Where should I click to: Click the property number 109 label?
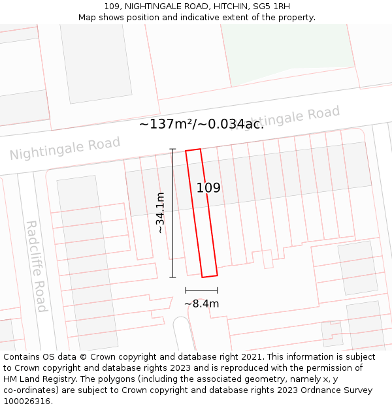[208, 188]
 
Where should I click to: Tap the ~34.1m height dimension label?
[159, 213]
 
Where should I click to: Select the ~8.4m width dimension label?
[201, 304]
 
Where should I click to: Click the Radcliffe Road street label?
[37, 266]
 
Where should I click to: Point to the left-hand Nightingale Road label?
[65, 148]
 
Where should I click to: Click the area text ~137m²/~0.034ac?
[201, 124]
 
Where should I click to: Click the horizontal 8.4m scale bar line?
[201, 290]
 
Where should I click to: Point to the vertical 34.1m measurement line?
[173, 213]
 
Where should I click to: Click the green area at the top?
[287, 52]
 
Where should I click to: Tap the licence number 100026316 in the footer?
[27, 401]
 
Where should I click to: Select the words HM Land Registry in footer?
[36, 379]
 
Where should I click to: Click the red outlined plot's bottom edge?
[209, 276]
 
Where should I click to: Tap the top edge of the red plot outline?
[193, 150]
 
